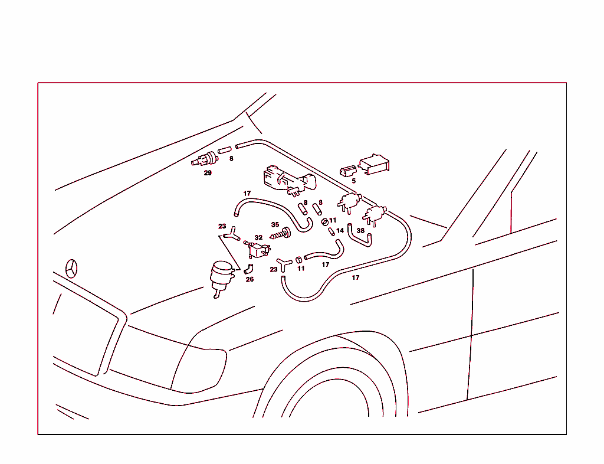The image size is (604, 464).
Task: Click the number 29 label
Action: pyautogui.click(x=208, y=173)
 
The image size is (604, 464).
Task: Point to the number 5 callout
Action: pyautogui.click(x=354, y=181)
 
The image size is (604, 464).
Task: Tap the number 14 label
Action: pyautogui.click(x=340, y=230)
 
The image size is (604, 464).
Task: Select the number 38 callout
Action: pyautogui.click(x=360, y=230)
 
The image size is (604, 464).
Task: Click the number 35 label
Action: pyautogui.click(x=275, y=225)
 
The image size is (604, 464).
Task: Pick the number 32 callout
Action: pyautogui.click(x=258, y=238)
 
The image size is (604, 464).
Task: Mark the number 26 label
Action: pyautogui.click(x=250, y=279)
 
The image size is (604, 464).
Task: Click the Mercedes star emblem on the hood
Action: pyautogui.click(x=71, y=269)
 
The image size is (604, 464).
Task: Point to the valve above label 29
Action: pyautogui.click(x=205, y=159)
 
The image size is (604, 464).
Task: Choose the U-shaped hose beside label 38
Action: pyautogui.click(x=359, y=236)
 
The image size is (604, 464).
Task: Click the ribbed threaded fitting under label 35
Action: pyautogui.click(x=280, y=234)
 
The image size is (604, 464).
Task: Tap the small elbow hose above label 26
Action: pyautogui.click(x=249, y=269)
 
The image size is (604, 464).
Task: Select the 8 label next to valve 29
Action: pyautogui.click(x=231, y=158)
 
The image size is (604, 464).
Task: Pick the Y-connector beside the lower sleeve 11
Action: pyautogui.click(x=284, y=264)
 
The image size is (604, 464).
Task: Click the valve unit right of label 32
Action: pyautogui.click(x=257, y=249)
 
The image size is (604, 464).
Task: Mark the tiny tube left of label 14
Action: pyautogui.click(x=331, y=231)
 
